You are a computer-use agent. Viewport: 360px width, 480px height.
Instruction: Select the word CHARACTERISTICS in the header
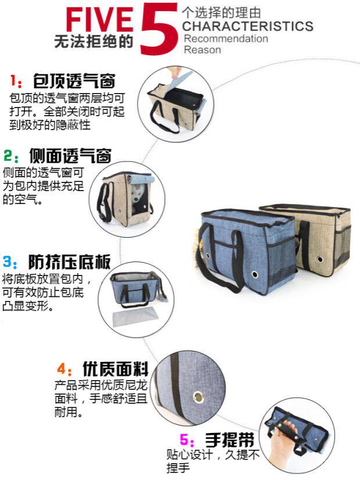(x=247, y=26)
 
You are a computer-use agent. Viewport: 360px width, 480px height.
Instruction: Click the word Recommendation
(x=226, y=38)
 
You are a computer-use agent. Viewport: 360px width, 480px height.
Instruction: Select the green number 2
(x=8, y=156)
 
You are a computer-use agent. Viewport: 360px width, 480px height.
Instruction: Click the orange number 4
(x=62, y=370)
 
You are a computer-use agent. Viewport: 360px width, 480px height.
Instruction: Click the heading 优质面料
(x=115, y=369)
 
